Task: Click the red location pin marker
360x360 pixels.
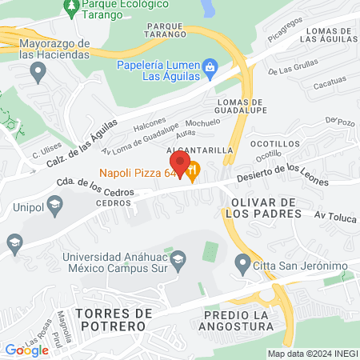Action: pyautogui.click(x=180, y=166)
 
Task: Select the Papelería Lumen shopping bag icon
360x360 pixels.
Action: pyautogui.click(x=210, y=66)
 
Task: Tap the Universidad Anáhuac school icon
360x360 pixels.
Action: pyautogui.click(x=178, y=258)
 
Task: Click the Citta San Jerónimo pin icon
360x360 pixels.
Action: pyautogui.click(x=242, y=262)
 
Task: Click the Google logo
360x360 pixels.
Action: pyautogui.click(x=26, y=350)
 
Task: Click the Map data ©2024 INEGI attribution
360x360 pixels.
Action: pyautogui.click(x=310, y=354)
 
